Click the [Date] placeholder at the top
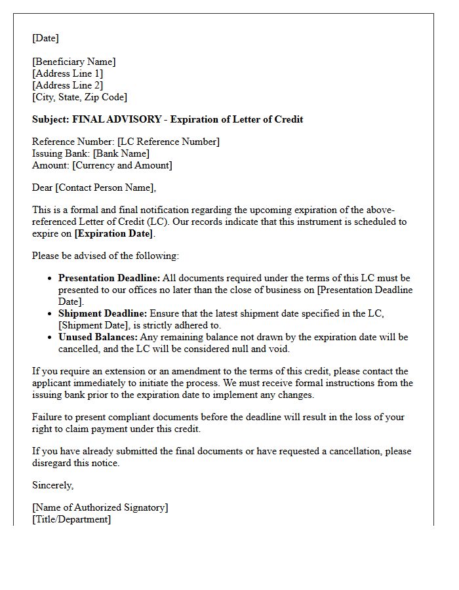point(45,38)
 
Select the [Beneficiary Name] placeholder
point(74,62)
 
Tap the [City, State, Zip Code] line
point(79,97)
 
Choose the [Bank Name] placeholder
point(121,153)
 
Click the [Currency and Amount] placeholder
point(122,165)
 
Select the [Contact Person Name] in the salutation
point(105,187)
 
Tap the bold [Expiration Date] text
point(115,233)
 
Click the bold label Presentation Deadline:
point(109,278)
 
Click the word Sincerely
point(53,485)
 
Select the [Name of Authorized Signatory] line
point(100,507)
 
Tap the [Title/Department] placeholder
point(71,519)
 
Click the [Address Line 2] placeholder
point(68,85)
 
